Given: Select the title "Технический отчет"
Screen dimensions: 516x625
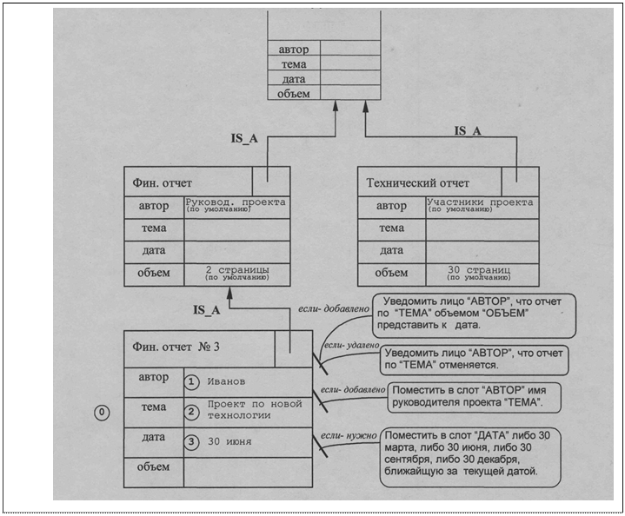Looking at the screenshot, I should [x=418, y=183].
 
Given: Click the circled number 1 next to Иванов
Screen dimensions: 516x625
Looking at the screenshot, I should [x=193, y=381].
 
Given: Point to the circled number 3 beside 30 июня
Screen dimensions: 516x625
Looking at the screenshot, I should [x=193, y=441].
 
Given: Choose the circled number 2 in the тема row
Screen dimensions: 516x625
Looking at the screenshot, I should [x=193, y=411].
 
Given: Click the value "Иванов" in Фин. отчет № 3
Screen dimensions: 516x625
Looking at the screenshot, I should [x=228, y=381].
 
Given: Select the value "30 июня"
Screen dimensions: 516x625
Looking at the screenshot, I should [x=229, y=441].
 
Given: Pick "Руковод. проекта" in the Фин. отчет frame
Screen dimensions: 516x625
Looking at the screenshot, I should [x=235, y=202].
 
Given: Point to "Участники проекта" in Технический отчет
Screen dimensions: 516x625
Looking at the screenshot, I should [x=482, y=202].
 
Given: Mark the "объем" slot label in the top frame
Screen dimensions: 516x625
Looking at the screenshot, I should [x=293, y=93].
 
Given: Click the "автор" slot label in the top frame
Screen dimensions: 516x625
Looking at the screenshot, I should [x=293, y=50].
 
